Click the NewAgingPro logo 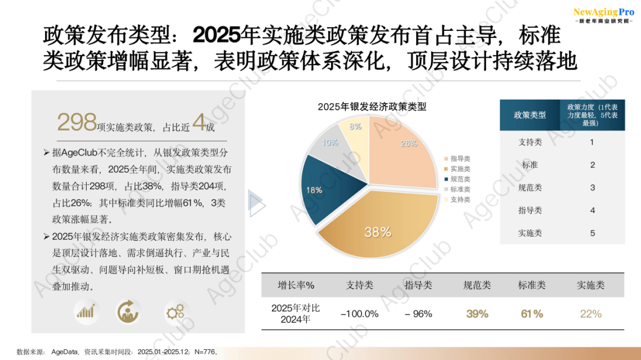(603, 15)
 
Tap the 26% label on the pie (409, 144)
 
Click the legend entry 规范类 (460, 179)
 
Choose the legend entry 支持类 (460, 199)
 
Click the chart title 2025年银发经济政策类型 (372, 107)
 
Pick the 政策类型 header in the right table (529, 115)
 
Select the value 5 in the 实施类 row (592, 233)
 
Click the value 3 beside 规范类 (592, 187)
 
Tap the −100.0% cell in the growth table (360, 314)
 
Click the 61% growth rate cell (532, 314)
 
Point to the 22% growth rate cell (591, 314)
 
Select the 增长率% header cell (296, 285)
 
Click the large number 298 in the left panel (77, 122)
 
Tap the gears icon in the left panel (176, 311)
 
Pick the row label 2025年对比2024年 (296, 314)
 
